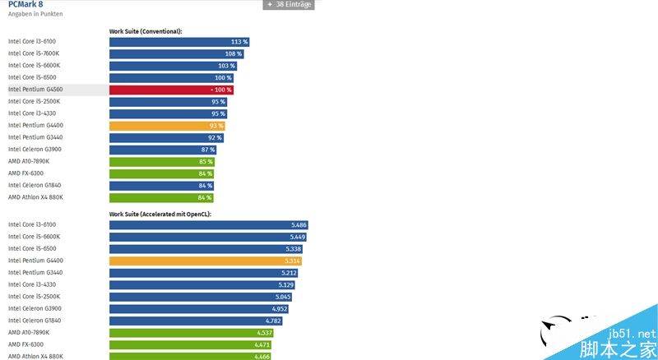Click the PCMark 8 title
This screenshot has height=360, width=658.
coord(25,4)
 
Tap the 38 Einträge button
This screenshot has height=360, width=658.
coord(289,4)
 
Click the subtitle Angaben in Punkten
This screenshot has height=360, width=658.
coord(35,15)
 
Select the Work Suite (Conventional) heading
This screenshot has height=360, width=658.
coord(146,31)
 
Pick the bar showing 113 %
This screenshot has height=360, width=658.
coord(179,42)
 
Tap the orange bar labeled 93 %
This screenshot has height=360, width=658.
coord(167,126)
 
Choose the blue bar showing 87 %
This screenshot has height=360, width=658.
coord(163,150)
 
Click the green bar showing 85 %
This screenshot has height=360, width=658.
coord(161,162)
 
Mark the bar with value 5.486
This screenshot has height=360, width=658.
coord(209,224)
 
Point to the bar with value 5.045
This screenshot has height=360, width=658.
coord(201,297)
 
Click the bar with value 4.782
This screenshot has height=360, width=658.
coord(197,321)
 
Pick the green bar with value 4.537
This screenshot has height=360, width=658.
coord(191,333)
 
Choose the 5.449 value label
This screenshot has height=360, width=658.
coord(298,237)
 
